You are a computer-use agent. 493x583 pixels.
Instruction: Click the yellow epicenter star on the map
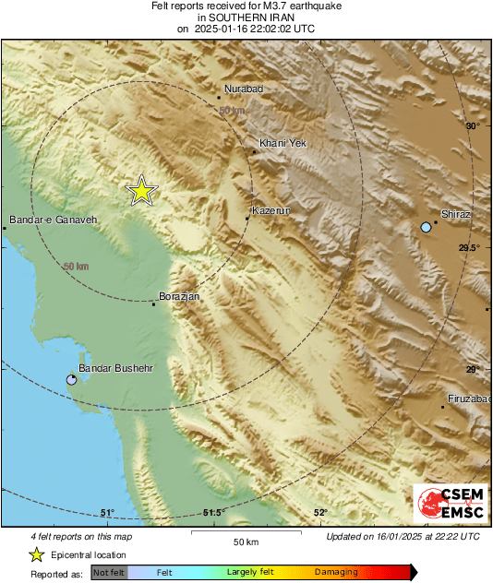tap(141, 190)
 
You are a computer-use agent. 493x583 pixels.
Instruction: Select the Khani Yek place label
tap(283, 143)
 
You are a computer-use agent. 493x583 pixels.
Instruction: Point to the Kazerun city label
tap(271, 211)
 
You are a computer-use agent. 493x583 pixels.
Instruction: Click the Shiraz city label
tap(456, 214)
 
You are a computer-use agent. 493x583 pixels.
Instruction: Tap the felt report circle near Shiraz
tap(426, 227)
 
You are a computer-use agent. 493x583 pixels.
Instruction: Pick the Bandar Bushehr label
tap(115, 368)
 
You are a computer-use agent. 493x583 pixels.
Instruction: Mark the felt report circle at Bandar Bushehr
tap(72, 380)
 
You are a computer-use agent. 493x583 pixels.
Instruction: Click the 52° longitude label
tap(320, 513)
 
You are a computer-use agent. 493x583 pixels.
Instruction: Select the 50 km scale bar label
tap(245, 541)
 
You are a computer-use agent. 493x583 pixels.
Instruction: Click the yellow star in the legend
tap(36, 554)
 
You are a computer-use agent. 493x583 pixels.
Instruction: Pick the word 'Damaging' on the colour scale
tap(335, 572)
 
